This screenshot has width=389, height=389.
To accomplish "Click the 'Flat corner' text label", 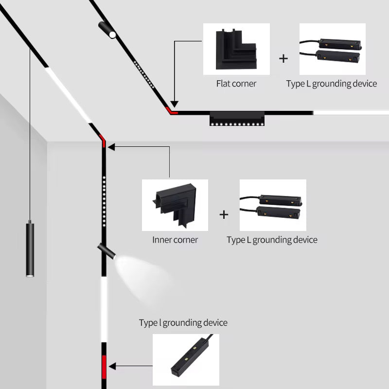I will [x=236, y=84].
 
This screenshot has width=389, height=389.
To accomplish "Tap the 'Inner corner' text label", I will [x=175, y=240].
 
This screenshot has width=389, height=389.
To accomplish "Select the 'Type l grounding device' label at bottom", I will [x=183, y=323].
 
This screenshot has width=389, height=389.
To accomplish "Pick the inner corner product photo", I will [x=175, y=205].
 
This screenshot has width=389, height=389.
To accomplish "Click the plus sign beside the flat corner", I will [x=283, y=59].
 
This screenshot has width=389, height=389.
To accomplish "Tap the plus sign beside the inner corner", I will [x=224, y=214].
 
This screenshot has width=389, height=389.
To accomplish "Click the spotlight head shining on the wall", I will [x=106, y=251].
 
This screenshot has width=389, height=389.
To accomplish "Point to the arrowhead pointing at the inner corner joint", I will [x=110, y=145].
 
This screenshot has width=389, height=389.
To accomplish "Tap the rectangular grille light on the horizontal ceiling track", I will [x=237, y=119].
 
